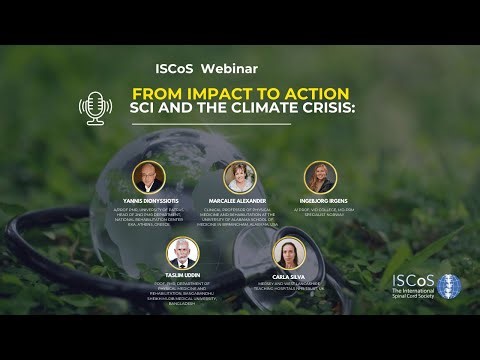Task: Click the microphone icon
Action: click(x=96, y=107)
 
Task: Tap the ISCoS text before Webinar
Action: click(x=176, y=68)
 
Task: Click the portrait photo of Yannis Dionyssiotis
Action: click(x=148, y=177)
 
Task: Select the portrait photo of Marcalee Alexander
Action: click(x=240, y=177)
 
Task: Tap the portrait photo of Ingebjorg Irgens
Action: click(x=320, y=177)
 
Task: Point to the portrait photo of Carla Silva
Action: click(x=288, y=252)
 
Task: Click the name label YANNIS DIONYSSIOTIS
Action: click(x=148, y=199)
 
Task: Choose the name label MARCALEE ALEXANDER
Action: click(x=240, y=199)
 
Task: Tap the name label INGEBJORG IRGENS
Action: click(x=320, y=199)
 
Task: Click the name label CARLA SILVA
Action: click(x=288, y=274)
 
